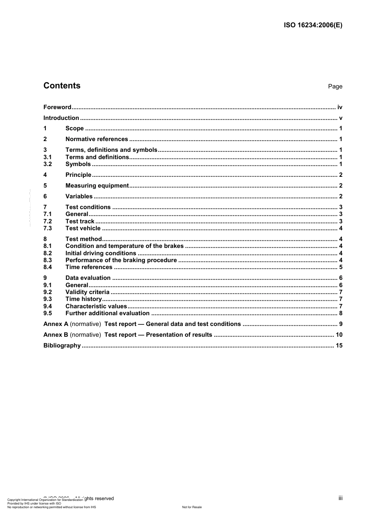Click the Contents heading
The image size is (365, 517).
point(62,86)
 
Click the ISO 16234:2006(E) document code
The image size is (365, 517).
point(313,25)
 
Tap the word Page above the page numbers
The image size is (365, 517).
point(335,86)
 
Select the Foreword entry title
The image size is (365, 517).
point(57,107)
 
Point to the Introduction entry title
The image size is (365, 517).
point(61,118)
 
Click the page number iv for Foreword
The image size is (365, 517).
point(340,107)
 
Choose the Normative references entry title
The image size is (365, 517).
point(96,139)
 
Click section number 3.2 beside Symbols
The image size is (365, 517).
point(48,164)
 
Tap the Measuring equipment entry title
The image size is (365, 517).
point(97,186)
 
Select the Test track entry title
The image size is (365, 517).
point(80,221)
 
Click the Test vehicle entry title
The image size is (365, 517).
point(83,228)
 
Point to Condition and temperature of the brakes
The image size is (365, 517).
point(124,246)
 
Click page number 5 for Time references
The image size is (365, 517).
point(341,267)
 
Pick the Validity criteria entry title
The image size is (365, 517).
point(87,292)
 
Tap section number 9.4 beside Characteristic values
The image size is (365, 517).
point(48,306)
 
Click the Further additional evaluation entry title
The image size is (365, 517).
point(107,313)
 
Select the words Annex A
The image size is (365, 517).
point(56,324)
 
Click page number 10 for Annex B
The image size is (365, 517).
point(339,335)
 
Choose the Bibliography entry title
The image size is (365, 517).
point(62,346)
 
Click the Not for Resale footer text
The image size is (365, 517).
point(192,507)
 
